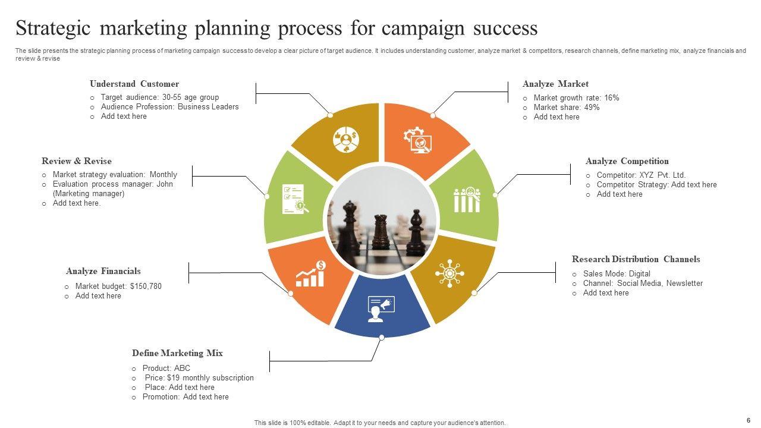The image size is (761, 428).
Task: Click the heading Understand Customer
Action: click(x=134, y=84)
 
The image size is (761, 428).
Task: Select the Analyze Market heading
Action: click(x=555, y=84)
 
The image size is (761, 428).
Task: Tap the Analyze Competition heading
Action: click(x=627, y=161)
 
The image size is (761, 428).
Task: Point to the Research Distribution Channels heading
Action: click(x=636, y=259)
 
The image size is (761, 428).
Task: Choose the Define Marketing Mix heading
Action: click(x=177, y=353)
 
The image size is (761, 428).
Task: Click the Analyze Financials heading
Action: click(x=103, y=271)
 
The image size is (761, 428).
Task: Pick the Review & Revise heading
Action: click(x=77, y=161)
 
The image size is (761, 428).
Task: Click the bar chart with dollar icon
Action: click(x=311, y=274)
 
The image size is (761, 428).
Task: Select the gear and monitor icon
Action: click(x=417, y=140)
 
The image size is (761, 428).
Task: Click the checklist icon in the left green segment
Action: click(x=293, y=199)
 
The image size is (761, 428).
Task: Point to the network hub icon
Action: click(x=450, y=273)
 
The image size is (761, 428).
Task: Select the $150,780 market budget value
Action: click(x=146, y=287)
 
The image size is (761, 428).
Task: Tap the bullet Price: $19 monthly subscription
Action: click(x=199, y=378)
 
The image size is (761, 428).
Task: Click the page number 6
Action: click(x=748, y=419)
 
